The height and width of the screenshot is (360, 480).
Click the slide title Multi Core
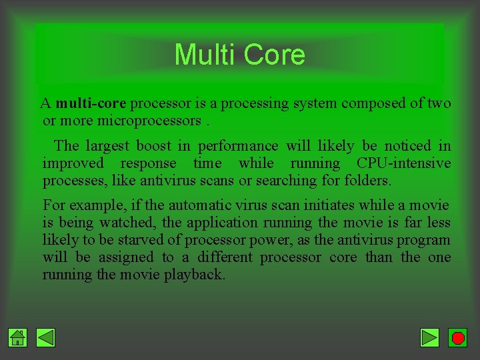239,55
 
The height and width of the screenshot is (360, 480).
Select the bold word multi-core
91,104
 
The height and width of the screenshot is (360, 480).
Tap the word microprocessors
149,121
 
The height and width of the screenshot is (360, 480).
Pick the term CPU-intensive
403,163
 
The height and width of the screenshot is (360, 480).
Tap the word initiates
320,205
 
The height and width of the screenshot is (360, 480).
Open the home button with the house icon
18,338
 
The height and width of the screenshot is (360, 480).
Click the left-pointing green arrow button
45,338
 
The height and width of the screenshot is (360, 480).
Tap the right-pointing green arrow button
430,338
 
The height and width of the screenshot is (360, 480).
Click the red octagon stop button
457,338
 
